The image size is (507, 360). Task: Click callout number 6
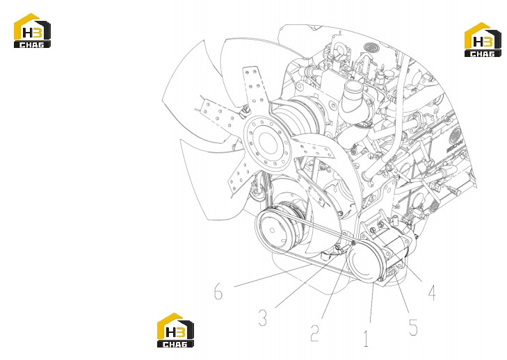tap(218, 291)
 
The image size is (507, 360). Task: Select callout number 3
tap(263, 317)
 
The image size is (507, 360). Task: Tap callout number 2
tap(315, 332)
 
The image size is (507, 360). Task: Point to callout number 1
tap(366, 338)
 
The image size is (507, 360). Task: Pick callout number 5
tap(413, 327)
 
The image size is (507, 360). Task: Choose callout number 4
tap(432, 292)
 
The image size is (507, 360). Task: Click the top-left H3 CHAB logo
tap(32, 31)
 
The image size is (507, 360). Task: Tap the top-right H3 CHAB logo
tap(483, 40)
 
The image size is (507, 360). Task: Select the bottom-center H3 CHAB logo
tap(175, 330)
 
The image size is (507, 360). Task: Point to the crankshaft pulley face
tap(273, 229)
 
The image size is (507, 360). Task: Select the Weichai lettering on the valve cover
tap(456, 145)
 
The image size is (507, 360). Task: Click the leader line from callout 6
tap(272, 275)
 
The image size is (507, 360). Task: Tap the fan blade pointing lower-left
tap(241, 176)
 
